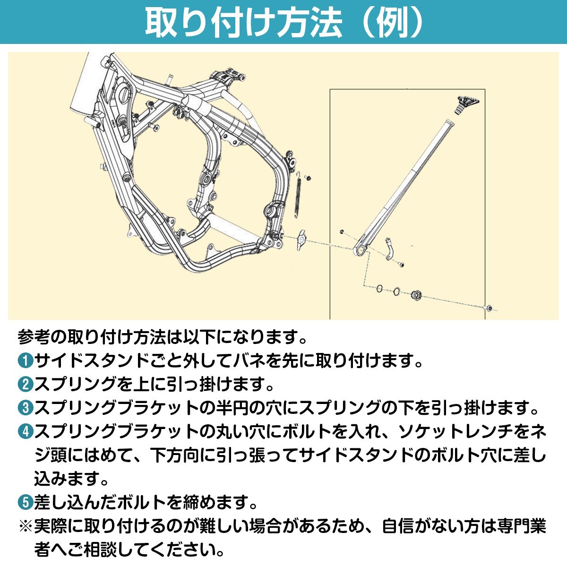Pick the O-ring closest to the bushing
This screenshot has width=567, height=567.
[397, 291]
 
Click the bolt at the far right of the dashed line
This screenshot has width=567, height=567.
[489, 308]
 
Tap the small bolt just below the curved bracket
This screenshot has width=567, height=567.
[401, 266]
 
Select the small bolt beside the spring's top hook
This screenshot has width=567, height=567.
[308, 178]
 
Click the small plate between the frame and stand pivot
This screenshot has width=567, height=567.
[301, 240]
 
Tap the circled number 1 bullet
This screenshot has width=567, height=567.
[26, 361]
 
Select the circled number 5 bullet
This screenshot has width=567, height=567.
[26, 502]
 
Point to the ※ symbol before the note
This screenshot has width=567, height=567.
[26, 525]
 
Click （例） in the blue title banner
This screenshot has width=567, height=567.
[394, 22]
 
